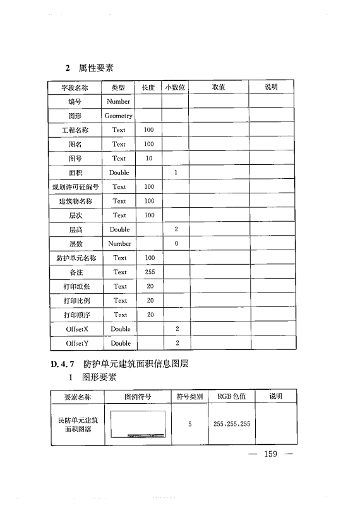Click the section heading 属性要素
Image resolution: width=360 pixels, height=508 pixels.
click(x=96, y=68)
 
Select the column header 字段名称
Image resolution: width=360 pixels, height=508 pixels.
click(x=75, y=87)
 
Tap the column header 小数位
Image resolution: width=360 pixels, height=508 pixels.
click(x=175, y=87)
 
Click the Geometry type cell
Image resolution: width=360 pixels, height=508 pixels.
click(x=119, y=116)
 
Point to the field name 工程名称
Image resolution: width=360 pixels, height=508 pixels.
click(x=75, y=130)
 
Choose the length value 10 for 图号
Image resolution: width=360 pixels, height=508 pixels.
click(x=149, y=159)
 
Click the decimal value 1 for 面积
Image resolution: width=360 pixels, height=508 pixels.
click(x=176, y=172)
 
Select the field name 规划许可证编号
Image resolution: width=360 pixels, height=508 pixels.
click(x=75, y=187)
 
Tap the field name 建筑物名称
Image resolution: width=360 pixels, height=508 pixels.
click(x=75, y=201)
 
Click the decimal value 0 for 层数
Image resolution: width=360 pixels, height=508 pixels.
click(x=177, y=244)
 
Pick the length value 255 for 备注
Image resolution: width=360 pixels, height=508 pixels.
click(x=150, y=272)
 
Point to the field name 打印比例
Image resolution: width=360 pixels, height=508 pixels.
click(x=75, y=301)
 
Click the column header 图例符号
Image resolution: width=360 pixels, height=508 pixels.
click(x=137, y=397)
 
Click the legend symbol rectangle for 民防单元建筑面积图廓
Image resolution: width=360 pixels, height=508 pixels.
click(x=137, y=424)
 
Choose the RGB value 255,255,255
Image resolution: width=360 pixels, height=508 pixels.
click(x=232, y=423)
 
